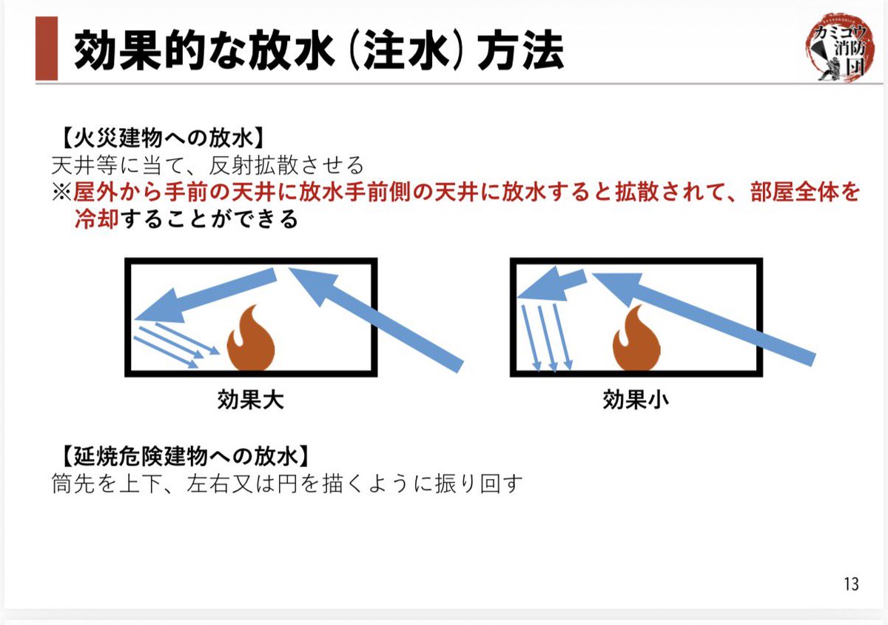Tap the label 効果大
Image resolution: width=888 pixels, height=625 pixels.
[x=250, y=401]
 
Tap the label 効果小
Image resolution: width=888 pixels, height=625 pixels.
[x=636, y=401]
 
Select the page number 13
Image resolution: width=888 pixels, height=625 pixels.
[x=851, y=584]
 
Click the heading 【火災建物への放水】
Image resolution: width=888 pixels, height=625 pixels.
[x=160, y=138]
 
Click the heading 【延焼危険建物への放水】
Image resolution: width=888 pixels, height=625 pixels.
[x=181, y=453]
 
